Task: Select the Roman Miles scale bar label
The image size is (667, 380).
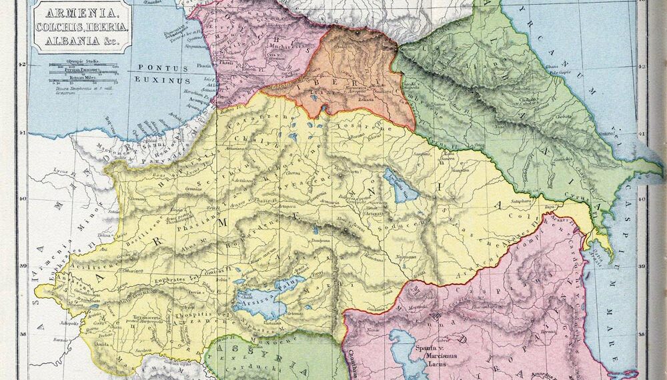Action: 78,77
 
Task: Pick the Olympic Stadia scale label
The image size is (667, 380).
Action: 78,61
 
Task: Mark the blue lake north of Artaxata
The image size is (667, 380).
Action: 398,185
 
